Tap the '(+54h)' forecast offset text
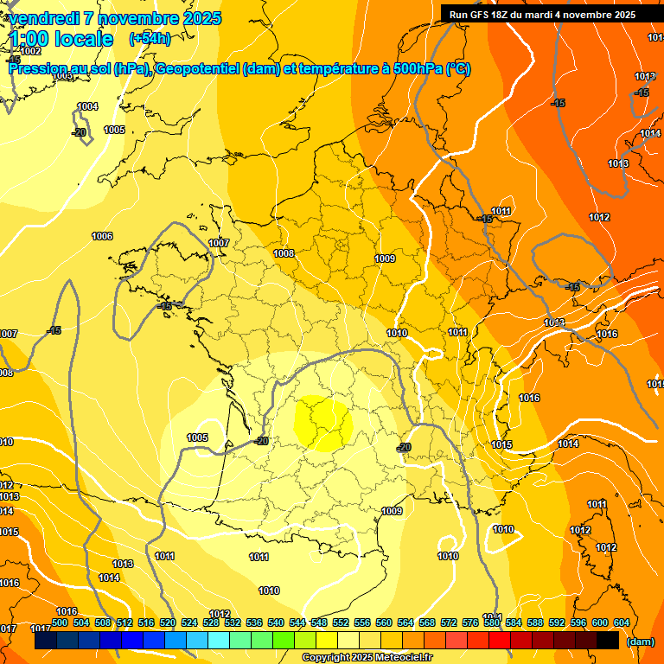click(x=150, y=39)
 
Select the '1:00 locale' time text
click(x=61, y=39)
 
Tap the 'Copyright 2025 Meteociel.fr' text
click(x=366, y=658)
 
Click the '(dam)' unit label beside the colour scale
click(x=640, y=642)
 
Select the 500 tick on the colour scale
click(x=60, y=622)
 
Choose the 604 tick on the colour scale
click(x=622, y=622)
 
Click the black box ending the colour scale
click(x=608, y=641)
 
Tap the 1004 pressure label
click(x=88, y=106)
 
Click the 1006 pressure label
click(x=102, y=236)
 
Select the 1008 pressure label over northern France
click(x=284, y=253)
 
